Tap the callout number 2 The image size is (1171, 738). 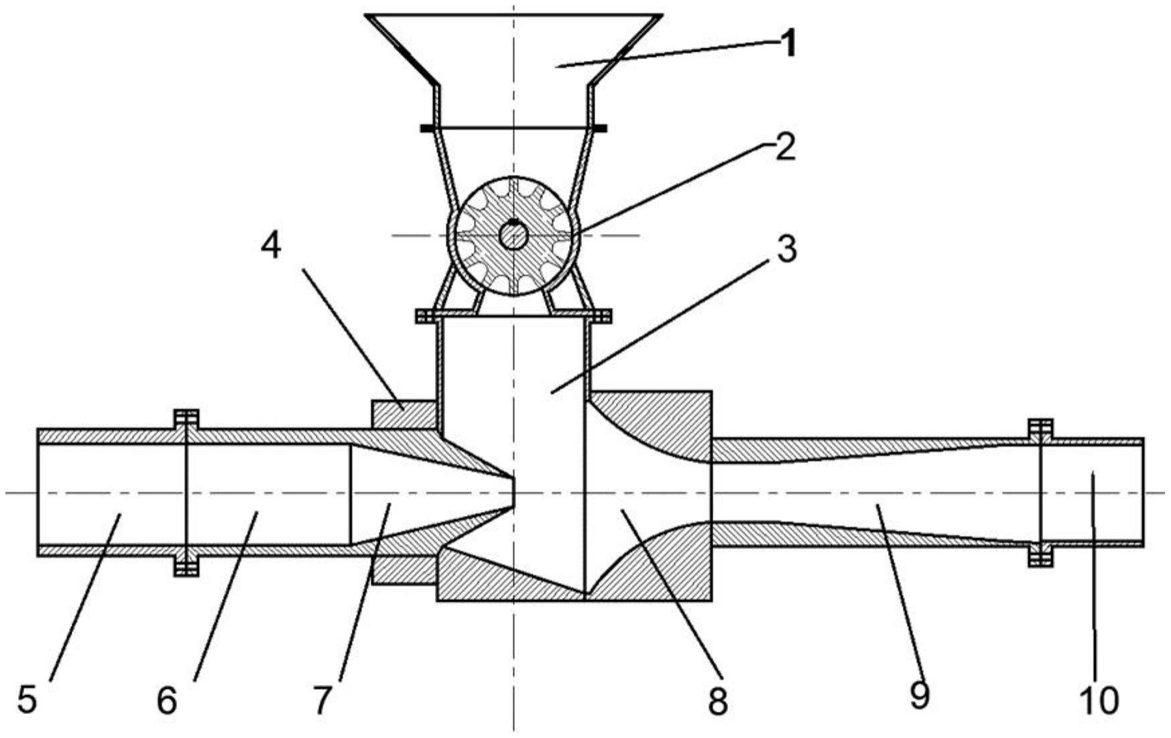pos(785,147)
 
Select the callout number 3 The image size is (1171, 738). pos(786,248)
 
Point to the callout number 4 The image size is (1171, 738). pos(271,246)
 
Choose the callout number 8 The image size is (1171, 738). pos(717,702)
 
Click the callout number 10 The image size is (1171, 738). pos(1100,700)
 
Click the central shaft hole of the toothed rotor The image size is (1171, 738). pos(513,236)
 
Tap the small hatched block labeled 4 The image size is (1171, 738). pos(404,415)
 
